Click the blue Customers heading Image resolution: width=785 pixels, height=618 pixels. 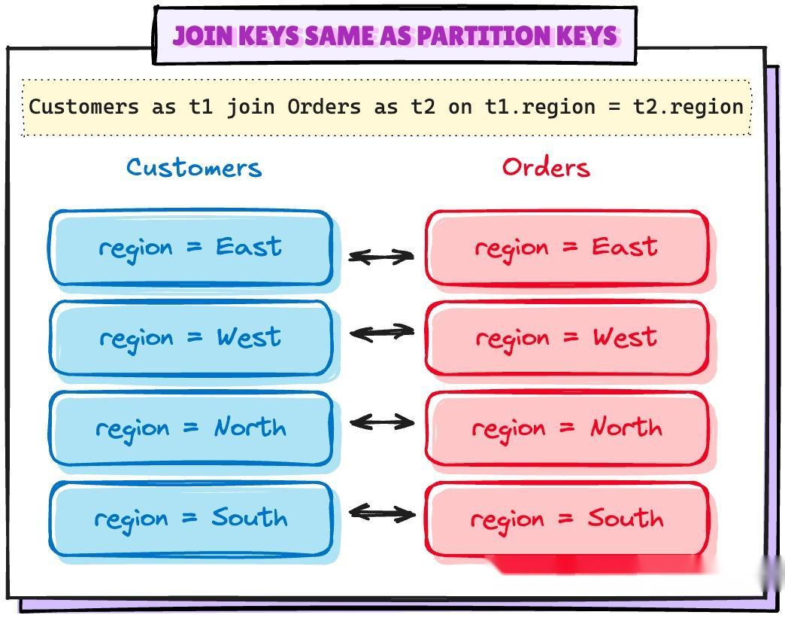[194, 167]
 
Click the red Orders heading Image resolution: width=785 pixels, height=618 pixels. [546, 167]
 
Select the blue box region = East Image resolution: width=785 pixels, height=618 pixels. [191, 248]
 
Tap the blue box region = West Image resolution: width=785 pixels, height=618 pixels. [191, 338]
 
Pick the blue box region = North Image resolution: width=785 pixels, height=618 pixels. [191, 428]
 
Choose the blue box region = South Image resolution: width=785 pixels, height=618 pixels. [191, 519]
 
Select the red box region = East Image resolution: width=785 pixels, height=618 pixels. [567, 248]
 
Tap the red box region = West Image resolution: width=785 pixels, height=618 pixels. [567, 338]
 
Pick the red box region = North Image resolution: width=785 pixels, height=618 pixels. [567, 428]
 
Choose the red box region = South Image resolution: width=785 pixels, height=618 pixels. [567, 519]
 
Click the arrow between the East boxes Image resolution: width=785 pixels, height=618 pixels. [381, 257]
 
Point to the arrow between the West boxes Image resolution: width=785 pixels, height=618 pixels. [381, 331]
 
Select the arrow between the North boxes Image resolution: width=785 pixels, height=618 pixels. [381, 422]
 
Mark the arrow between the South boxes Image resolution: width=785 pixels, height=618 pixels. [381, 513]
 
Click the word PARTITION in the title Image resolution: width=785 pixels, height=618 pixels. [471, 35]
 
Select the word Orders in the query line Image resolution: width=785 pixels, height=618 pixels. [324, 107]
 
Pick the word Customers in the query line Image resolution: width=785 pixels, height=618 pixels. [83, 107]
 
